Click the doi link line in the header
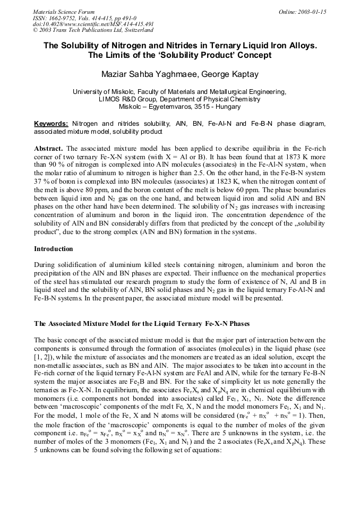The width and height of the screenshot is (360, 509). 93,24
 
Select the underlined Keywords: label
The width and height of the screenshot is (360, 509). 51,124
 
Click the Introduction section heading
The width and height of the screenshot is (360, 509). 54,248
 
